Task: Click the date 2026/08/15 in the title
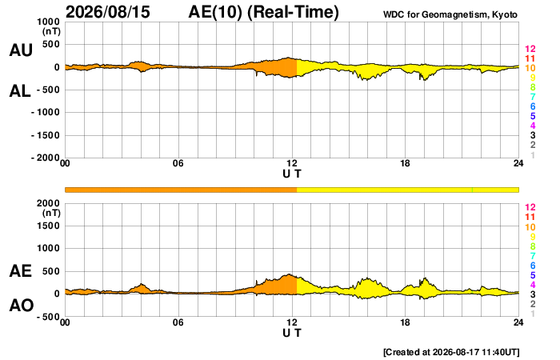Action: [108, 12]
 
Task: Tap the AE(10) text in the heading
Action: [215, 12]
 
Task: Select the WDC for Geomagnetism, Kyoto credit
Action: [450, 14]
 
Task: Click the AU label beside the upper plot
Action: [21, 50]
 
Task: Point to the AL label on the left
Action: [20, 91]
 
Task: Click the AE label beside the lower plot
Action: [21, 271]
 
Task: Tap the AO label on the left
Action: [22, 306]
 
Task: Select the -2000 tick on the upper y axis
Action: [46, 158]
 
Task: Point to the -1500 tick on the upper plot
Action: [46, 135]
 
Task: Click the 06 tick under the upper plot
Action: [178, 163]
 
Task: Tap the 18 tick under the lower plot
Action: [405, 322]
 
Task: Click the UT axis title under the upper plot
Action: [292, 174]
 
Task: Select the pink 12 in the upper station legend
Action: [530, 49]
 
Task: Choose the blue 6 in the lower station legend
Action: [533, 266]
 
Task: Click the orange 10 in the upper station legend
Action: [530, 68]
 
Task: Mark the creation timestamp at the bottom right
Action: [451, 352]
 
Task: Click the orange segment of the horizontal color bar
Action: [181, 190]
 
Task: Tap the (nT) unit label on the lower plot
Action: [51, 213]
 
